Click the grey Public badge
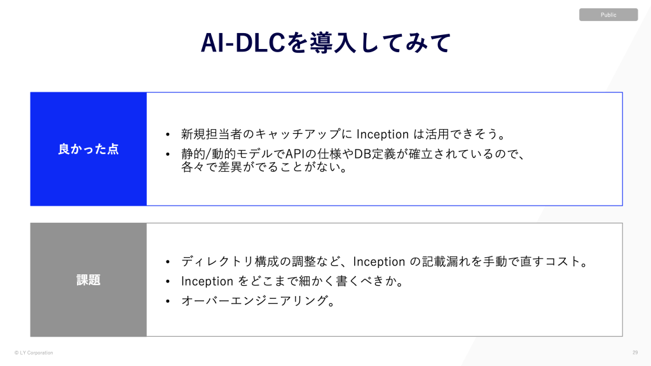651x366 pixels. tap(608, 15)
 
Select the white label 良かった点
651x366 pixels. tap(88, 149)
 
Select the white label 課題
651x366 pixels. tap(88, 280)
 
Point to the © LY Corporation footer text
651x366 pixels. tap(34, 353)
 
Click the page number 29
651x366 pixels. tap(635, 353)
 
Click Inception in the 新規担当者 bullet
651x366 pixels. tap(382, 134)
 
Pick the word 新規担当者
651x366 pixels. tap(211, 134)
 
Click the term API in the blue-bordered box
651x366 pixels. tap(295, 154)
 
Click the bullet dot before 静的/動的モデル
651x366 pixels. tap(168, 154)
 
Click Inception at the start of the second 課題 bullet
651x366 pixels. tap(207, 281)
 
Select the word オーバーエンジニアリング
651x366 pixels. tap(254, 300)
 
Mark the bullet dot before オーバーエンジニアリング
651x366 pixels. tap(168, 300)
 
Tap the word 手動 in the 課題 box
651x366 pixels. tap(495, 261)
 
